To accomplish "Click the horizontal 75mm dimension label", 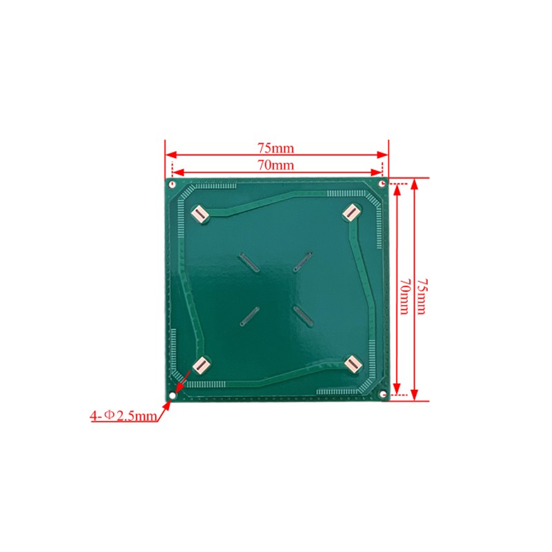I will tap(275, 147).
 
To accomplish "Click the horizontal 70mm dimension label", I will tap(275, 165).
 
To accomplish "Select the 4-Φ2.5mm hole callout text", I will tap(123, 416).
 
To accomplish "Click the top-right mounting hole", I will tap(382, 184).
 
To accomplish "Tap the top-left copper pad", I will tap(199, 214).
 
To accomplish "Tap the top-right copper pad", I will tap(351, 213).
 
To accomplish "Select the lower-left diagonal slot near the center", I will tap(249, 315).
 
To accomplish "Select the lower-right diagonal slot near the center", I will tap(303, 315).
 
